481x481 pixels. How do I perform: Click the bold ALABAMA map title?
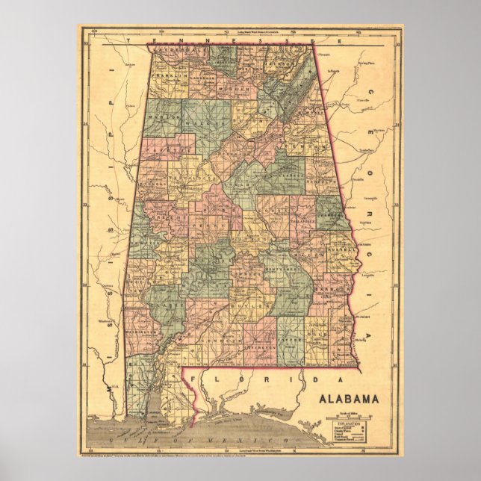coord(348,398)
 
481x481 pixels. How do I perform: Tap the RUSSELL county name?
coord(338,249)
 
